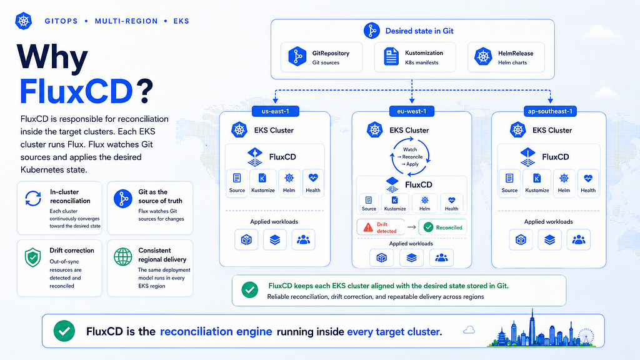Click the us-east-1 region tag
pos(276,111)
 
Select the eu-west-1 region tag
pos(411,111)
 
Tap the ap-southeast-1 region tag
pos(550,111)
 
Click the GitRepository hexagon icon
pos(297,56)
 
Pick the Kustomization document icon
pos(391,56)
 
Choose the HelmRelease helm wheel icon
pos(483,56)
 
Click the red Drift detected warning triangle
pos(368,227)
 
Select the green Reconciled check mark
pos(428,227)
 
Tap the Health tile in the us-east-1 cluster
pos(313,183)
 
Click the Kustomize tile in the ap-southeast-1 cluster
pos(537,183)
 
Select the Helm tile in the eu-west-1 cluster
pos(424,203)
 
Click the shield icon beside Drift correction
pos(32,257)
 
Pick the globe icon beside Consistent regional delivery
pos(123,257)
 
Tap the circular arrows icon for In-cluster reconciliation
pos(33,199)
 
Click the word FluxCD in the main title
pos(76,91)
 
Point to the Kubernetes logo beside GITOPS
pos(23,21)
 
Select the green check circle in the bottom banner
pos(64,331)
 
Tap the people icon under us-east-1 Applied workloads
pos(303,239)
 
